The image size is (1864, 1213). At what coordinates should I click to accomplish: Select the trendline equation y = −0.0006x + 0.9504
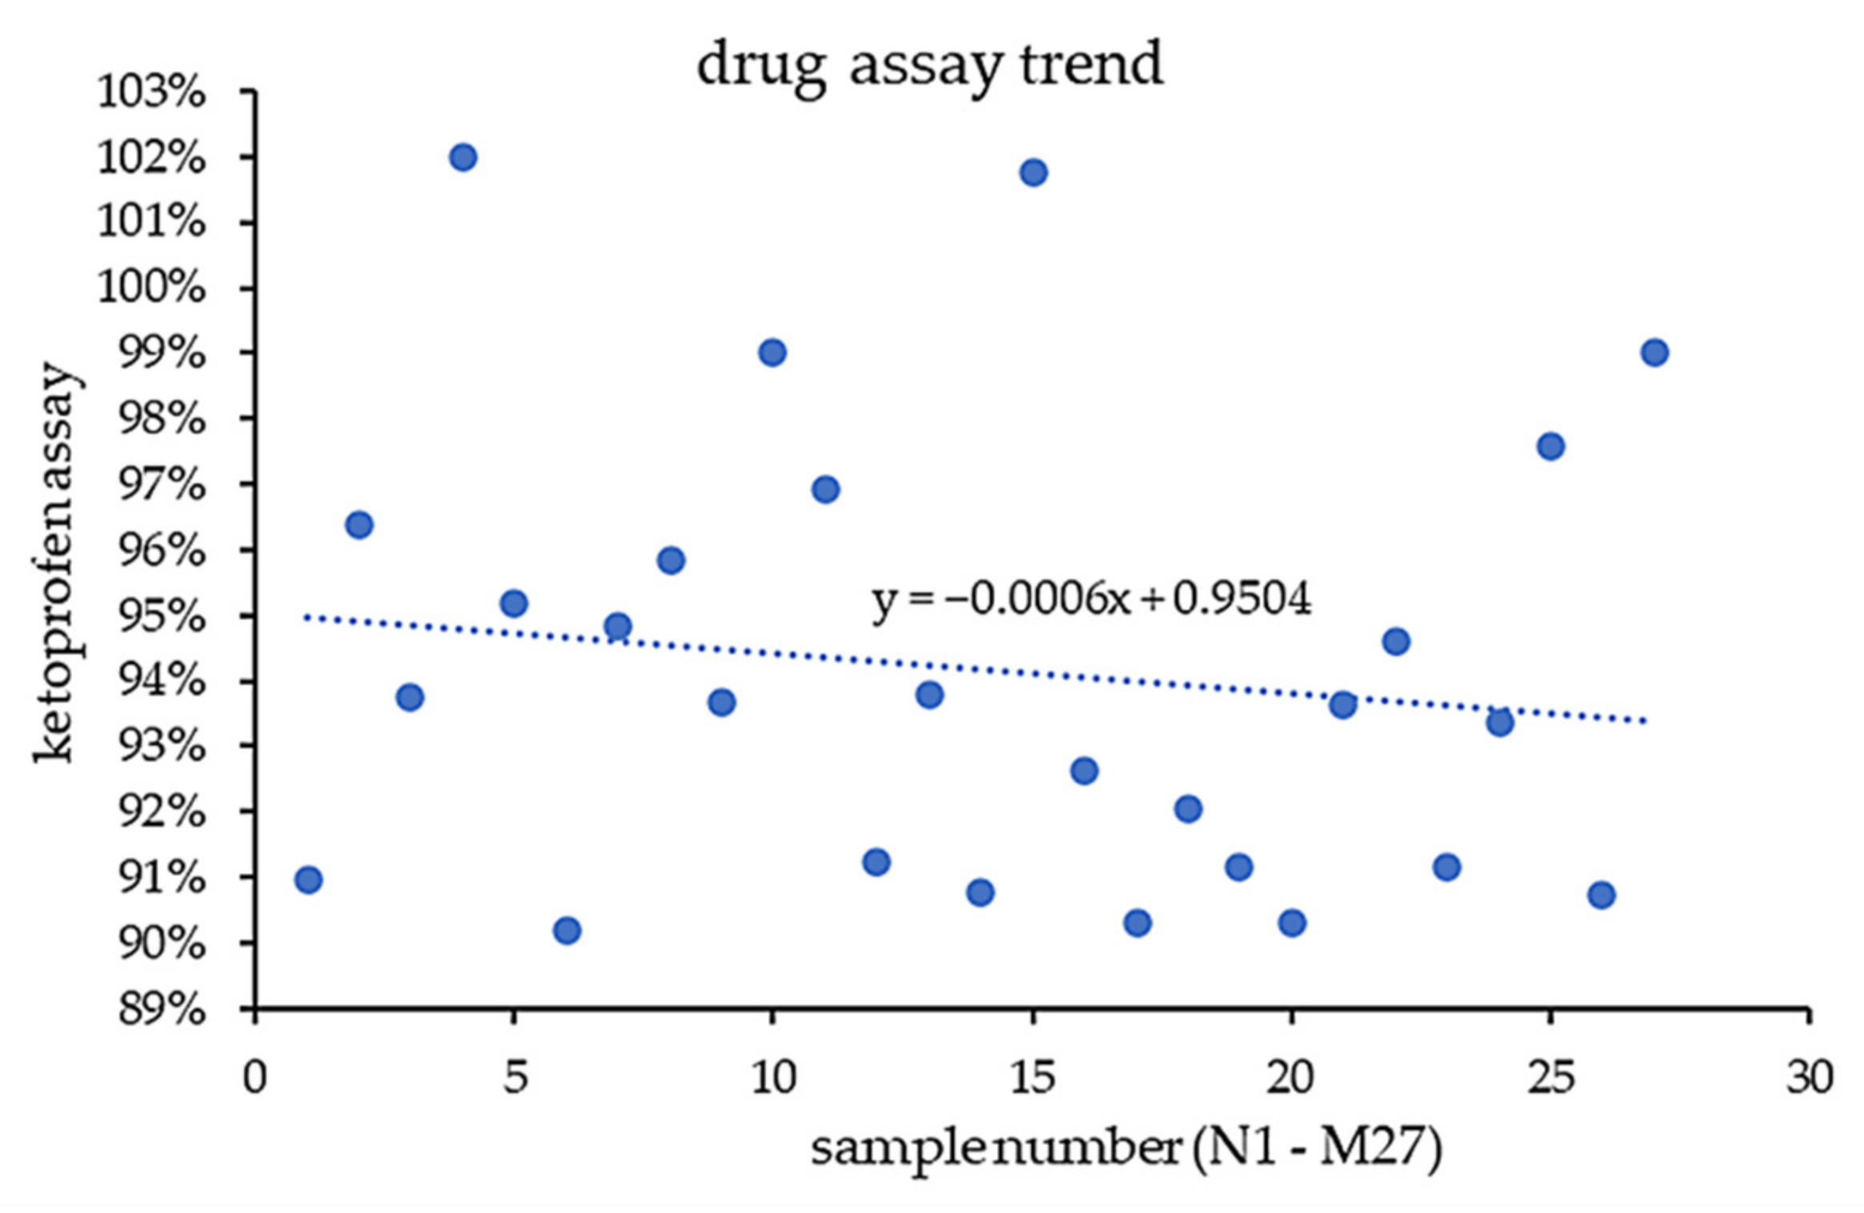(x=1091, y=599)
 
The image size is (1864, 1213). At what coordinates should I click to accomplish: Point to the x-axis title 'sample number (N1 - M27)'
(x=1126, y=1147)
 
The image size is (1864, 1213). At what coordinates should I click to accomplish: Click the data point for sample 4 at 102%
(x=463, y=158)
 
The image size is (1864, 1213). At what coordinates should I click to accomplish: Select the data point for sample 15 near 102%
(x=1034, y=173)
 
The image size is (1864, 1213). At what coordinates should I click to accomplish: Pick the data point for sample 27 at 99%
(x=1654, y=353)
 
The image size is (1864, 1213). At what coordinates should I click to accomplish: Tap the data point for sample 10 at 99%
(x=772, y=353)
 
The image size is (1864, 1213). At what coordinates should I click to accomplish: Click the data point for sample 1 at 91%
(x=309, y=880)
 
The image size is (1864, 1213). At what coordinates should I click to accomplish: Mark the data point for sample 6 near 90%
(x=566, y=931)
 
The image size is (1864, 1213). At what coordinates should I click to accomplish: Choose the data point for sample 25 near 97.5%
(x=1550, y=446)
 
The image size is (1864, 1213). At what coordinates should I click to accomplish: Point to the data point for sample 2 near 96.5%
(x=359, y=526)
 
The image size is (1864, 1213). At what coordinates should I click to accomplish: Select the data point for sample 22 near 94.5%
(x=1396, y=642)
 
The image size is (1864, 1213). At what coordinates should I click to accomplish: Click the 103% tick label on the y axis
(x=150, y=92)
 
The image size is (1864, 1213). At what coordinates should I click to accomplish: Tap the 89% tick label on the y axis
(x=161, y=1009)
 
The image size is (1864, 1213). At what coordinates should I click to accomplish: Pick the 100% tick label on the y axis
(x=150, y=287)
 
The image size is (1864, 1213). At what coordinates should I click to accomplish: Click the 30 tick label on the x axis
(x=1810, y=1078)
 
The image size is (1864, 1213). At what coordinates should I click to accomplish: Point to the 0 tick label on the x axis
(x=255, y=1078)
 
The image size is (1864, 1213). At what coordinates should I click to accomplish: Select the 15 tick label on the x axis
(x=1032, y=1078)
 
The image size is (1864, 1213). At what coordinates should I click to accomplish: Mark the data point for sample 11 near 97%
(x=826, y=490)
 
